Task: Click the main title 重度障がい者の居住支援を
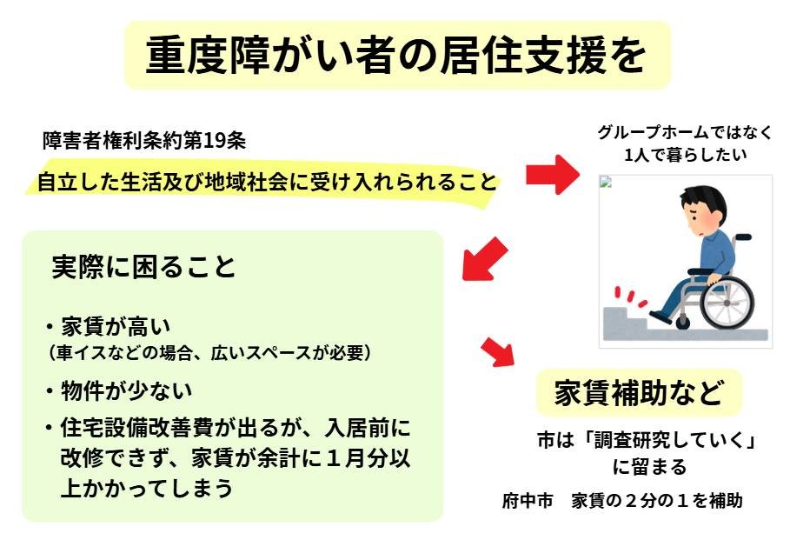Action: (395, 55)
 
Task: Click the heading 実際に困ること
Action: (143, 268)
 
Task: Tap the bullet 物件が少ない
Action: (126, 391)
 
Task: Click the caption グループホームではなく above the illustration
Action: (685, 135)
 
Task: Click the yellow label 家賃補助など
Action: (639, 395)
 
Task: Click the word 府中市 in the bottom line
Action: (527, 502)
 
